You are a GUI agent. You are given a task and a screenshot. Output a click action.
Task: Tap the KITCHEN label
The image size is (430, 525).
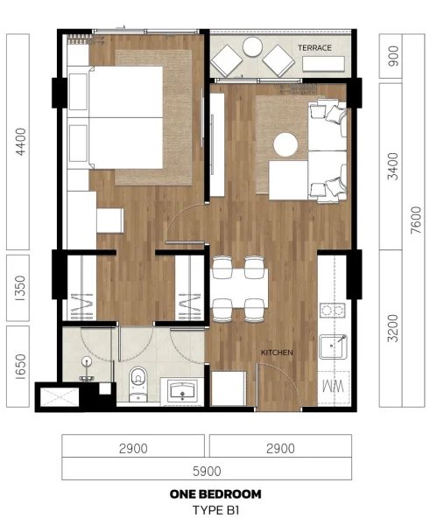pyautogui.click(x=277, y=353)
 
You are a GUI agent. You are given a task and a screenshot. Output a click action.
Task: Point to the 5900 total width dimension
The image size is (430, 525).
pyautogui.click(x=207, y=470)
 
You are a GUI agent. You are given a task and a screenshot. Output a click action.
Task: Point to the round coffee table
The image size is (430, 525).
pyautogui.click(x=286, y=143)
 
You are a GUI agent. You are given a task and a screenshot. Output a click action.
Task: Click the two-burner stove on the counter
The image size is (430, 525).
pyautogui.click(x=331, y=309)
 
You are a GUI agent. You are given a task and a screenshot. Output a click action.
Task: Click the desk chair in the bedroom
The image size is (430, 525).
pyautogui.click(x=109, y=220)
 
